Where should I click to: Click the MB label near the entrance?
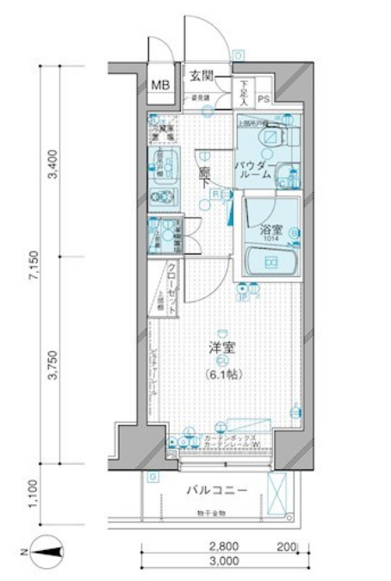pos(161,84)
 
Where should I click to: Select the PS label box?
pos(263,99)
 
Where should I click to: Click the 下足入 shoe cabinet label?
pos(244,92)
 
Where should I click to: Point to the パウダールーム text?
pos(255,167)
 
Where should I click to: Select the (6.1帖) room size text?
pos(224,374)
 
